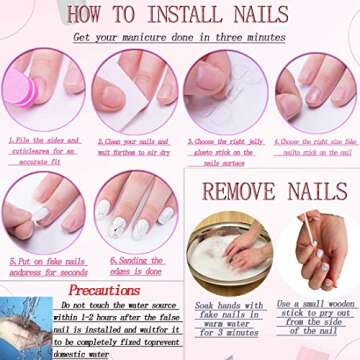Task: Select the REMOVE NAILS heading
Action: point(273,191)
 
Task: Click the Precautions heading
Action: point(103,290)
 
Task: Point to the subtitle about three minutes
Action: point(179,38)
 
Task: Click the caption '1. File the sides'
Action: point(46,151)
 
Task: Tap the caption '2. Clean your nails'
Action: point(135,151)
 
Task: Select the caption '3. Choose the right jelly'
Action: point(225,151)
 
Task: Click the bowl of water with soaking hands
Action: point(228,251)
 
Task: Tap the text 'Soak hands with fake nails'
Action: point(228,318)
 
